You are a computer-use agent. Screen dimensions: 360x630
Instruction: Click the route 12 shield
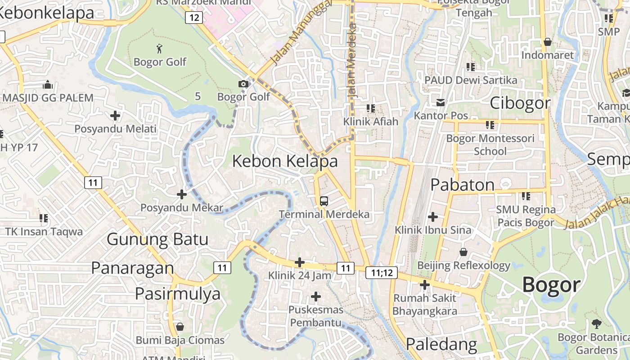tap(193, 18)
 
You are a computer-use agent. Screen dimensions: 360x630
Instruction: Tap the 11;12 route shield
tap(382, 272)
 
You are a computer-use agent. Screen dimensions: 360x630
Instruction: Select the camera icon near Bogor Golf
tap(243, 84)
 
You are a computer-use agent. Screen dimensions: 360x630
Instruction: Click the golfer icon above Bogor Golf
tap(159, 48)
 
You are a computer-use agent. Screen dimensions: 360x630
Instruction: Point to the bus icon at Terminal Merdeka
tap(324, 201)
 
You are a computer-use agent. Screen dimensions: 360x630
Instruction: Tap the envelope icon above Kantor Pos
tap(441, 103)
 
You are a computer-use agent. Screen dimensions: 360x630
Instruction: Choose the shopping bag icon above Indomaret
tap(548, 42)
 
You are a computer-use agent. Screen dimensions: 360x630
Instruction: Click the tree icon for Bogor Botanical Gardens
tap(596, 323)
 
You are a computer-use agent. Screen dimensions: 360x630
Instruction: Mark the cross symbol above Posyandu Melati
tap(115, 116)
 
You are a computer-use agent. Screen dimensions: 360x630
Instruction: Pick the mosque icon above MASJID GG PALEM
tap(48, 85)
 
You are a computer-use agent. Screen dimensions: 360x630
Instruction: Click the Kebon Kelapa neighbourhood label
tap(285, 161)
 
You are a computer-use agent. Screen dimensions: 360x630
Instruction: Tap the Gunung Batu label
tap(157, 239)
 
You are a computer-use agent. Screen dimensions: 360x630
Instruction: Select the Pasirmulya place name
tap(178, 293)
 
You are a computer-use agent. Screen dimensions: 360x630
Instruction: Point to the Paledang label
tap(441, 344)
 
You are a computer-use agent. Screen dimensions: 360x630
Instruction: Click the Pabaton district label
tap(463, 184)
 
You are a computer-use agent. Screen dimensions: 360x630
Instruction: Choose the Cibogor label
tap(520, 103)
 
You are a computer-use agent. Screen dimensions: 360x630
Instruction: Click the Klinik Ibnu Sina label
tap(433, 230)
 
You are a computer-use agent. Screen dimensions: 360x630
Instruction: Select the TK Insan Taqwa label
tap(44, 232)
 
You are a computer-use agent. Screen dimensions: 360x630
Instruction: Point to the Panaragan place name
tap(132, 268)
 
